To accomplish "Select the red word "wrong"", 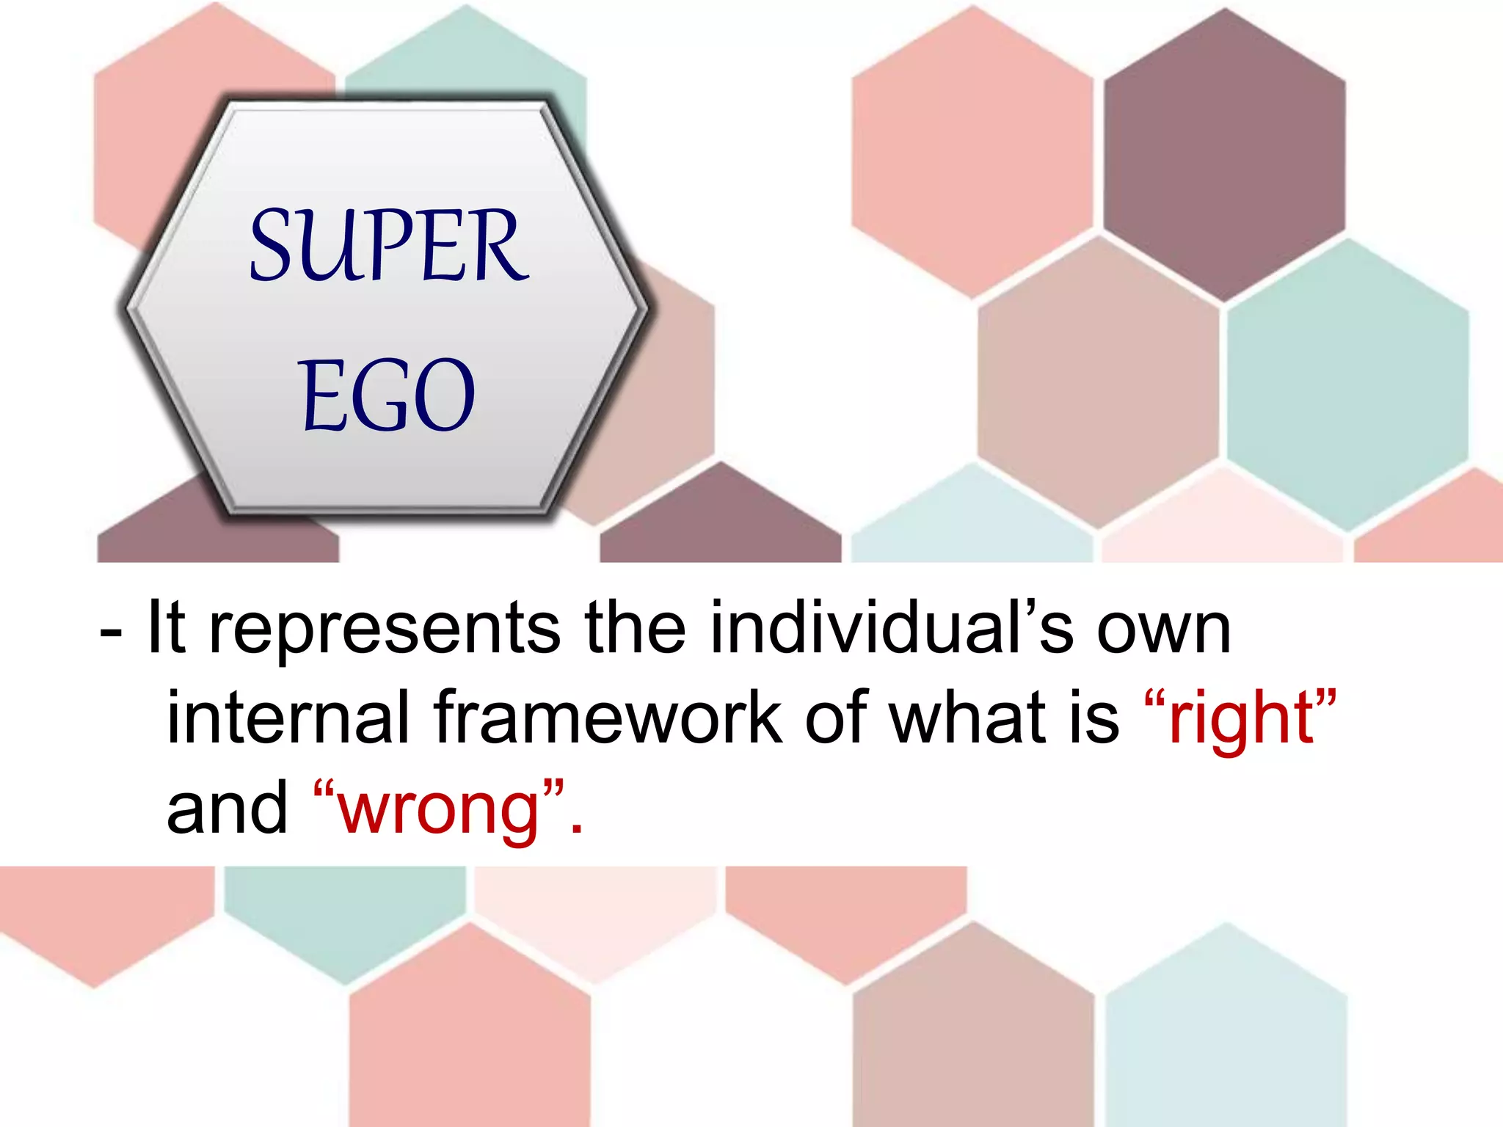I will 439,810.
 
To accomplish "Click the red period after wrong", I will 576,829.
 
